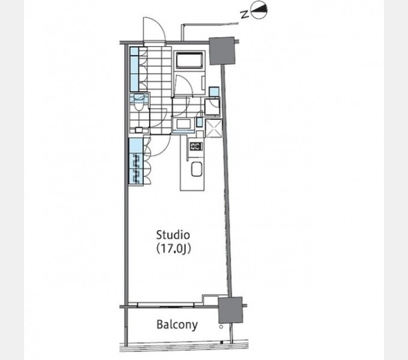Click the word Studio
click(x=173, y=235)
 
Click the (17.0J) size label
click(x=173, y=249)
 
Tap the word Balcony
click(x=177, y=325)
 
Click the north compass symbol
click(x=259, y=10)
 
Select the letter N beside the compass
click(x=244, y=14)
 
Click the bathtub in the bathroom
click(x=189, y=60)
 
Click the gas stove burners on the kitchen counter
click(x=196, y=146)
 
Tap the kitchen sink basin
click(x=196, y=169)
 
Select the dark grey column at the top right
click(x=222, y=51)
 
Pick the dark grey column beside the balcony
click(x=230, y=310)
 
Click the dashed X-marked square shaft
click(x=214, y=128)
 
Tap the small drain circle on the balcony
click(x=221, y=327)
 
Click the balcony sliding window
click(x=166, y=305)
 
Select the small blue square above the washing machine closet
click(x=214, y=92)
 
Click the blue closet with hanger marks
click(x=136, y=161)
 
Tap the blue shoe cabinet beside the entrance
click(x=134, y=69)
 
